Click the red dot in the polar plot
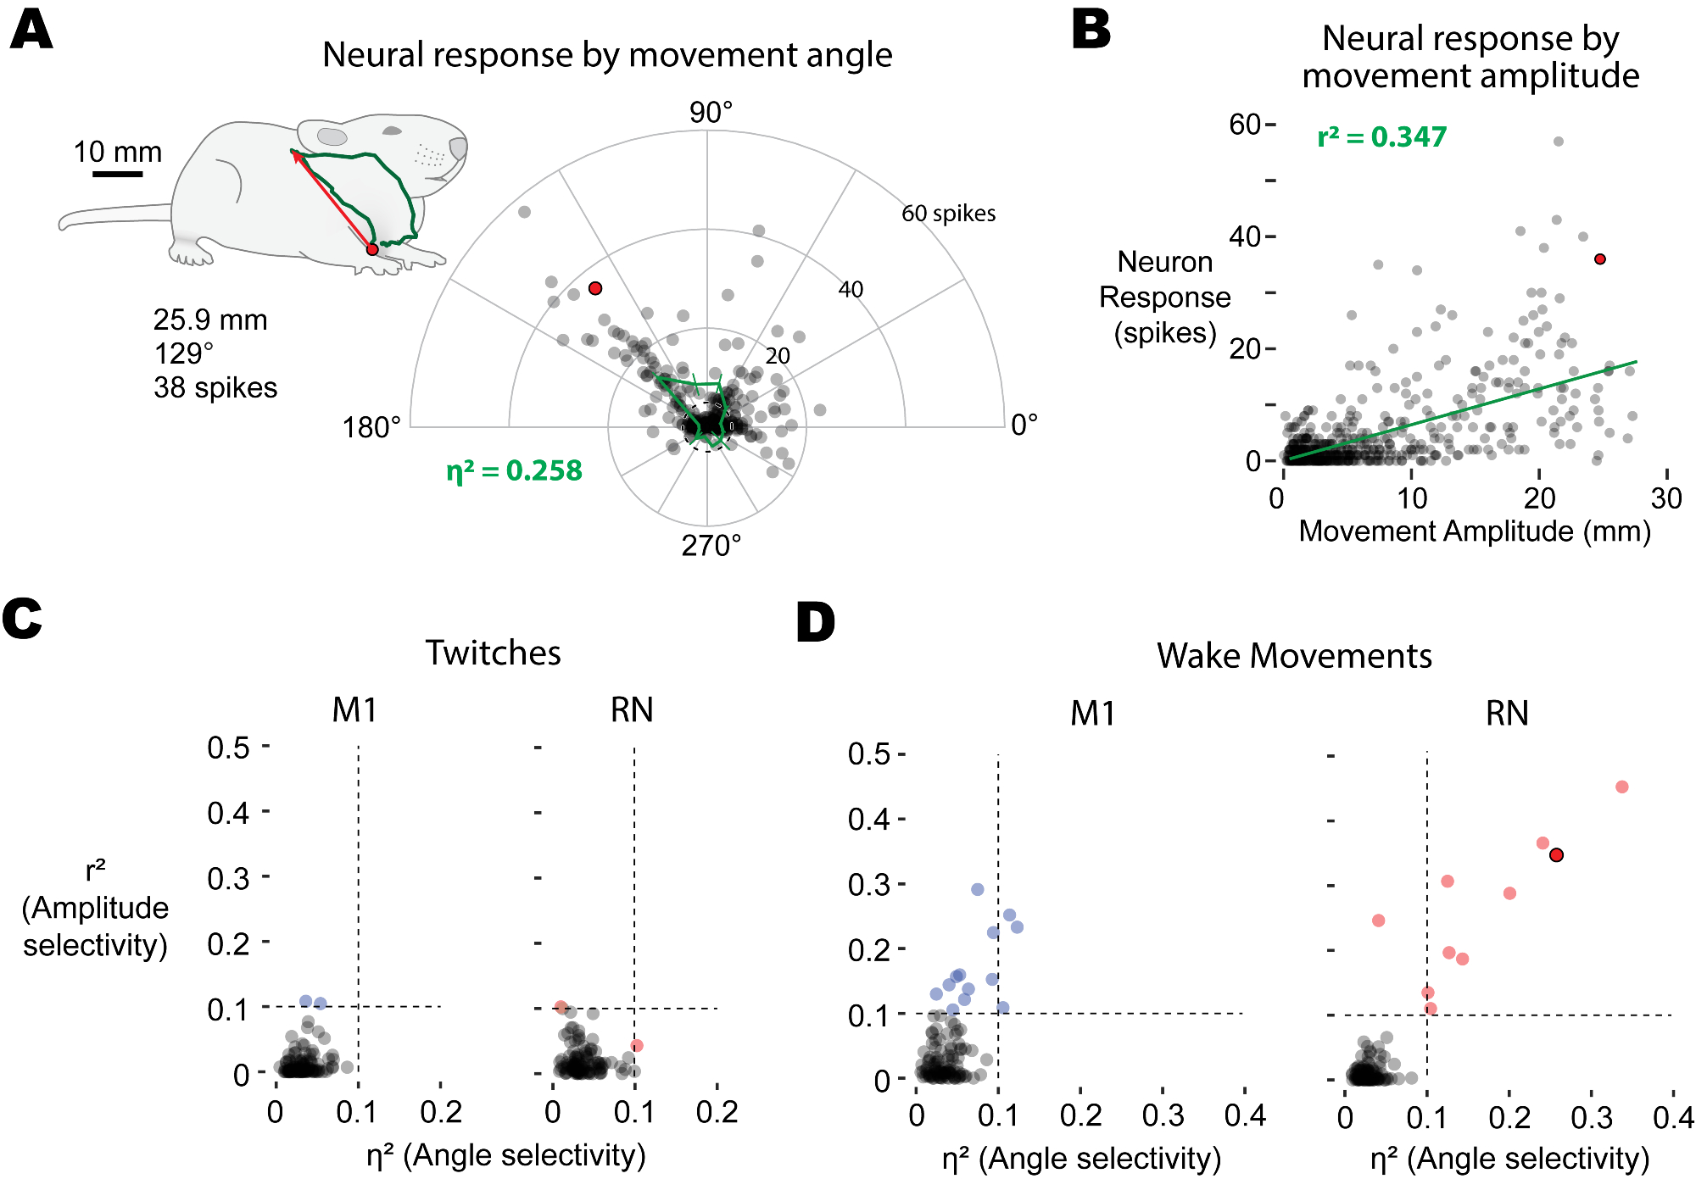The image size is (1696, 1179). click(x=595, y=288)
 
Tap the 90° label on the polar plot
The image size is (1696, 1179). click(x=711, y=112)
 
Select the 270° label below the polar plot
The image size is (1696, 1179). click(x=711, y=546)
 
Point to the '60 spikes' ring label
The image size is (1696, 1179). click(x=948, y=214)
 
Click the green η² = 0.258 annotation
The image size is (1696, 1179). click(x=514, y=470)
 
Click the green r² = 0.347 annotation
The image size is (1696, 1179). click(x=1381, y=136)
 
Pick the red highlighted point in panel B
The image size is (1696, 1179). click(x=1599, y=259)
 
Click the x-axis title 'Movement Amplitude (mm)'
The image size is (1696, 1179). click(x=1475, y=531)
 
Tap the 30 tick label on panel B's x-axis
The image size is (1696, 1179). click(x=1666, y=498)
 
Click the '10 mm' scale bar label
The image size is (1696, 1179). click(x=117, y=152)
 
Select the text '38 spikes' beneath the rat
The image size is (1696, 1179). click(x=215, y=387)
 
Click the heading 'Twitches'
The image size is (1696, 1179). click(x=493, y=653)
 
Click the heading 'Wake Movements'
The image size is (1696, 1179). click(x=1294, y=656)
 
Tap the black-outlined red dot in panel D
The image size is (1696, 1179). click(x=1556, y=855)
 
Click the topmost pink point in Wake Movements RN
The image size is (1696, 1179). click(x=1621, y=787)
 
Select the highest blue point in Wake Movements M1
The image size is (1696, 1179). click(x=977, y=889)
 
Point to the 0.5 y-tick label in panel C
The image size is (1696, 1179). click(x=228, y=748)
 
